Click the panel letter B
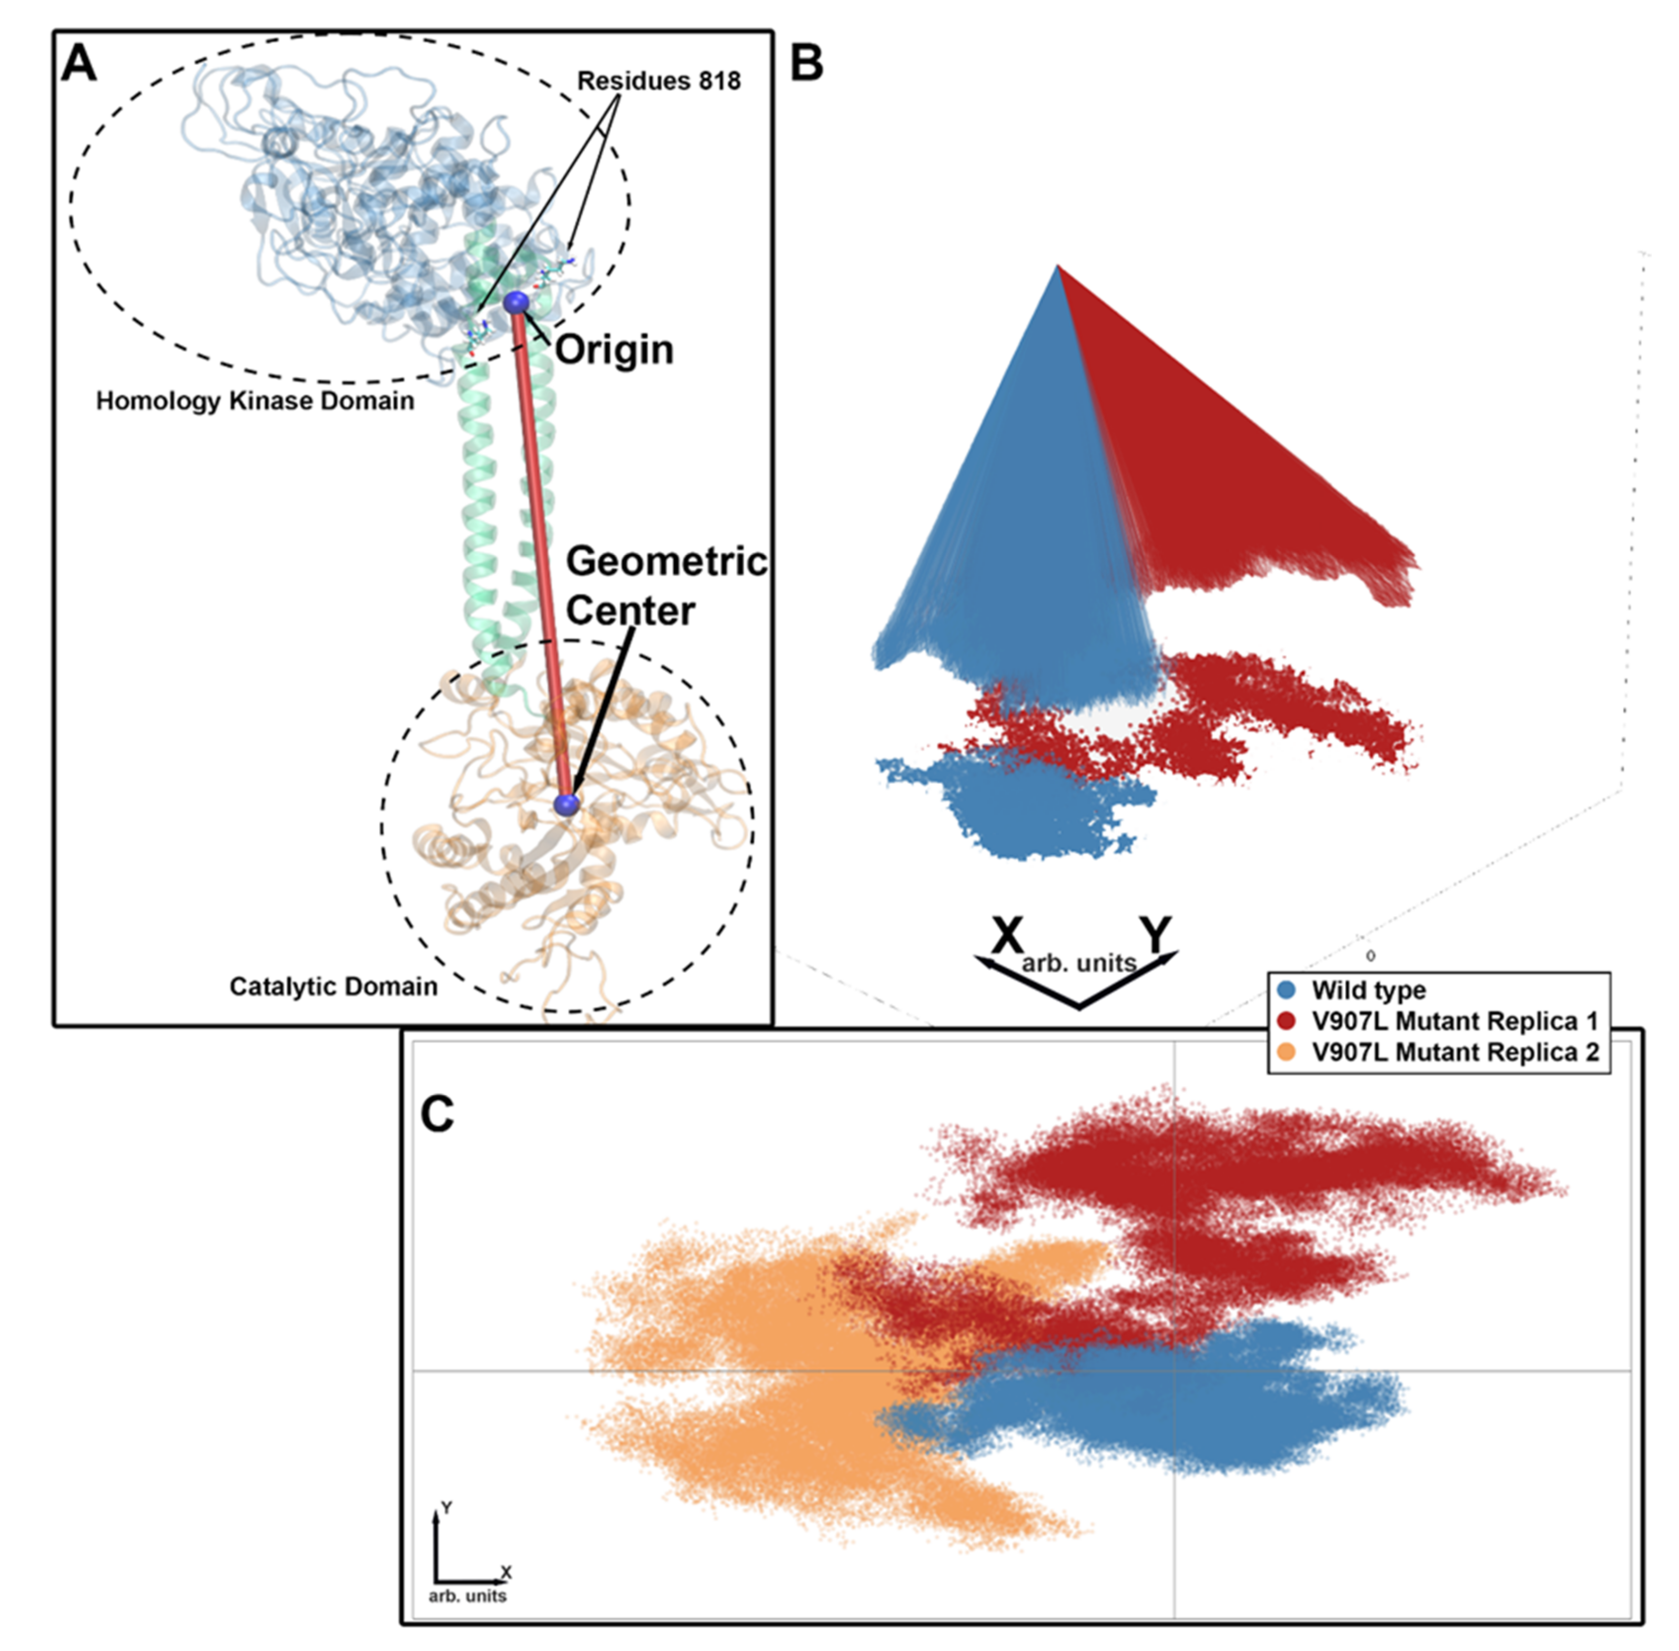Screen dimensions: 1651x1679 (x=806, y=63)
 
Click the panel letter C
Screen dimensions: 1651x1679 (x=437, y=1114)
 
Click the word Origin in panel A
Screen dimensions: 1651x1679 (x=614, y=350)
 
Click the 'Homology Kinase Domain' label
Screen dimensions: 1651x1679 (x=255, y=401)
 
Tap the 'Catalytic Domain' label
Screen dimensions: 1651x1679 (x=333, y=987)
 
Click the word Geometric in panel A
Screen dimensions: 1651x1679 (x=666, y=562)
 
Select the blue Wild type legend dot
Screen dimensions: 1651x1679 (x=1288, y=990)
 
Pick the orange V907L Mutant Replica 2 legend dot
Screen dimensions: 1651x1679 (x=1288, y=1052)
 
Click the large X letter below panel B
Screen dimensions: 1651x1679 (x=1007, y=935)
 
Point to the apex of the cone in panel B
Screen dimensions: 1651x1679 (x=1057, y=266)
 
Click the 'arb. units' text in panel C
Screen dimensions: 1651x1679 (x=468, y=1595)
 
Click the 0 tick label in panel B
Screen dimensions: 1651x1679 (x=1370, y=955)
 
